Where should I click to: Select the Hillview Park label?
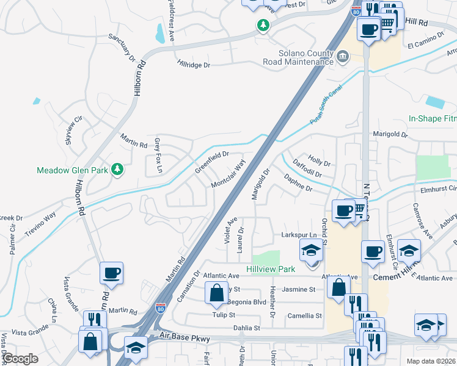point(271,269)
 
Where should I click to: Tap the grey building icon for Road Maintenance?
point(342,58)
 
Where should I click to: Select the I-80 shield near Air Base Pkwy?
point(161,310)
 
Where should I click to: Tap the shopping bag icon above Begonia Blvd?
point(217,294)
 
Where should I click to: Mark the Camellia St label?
point(306,315)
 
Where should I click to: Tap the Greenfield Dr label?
point(211,162)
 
